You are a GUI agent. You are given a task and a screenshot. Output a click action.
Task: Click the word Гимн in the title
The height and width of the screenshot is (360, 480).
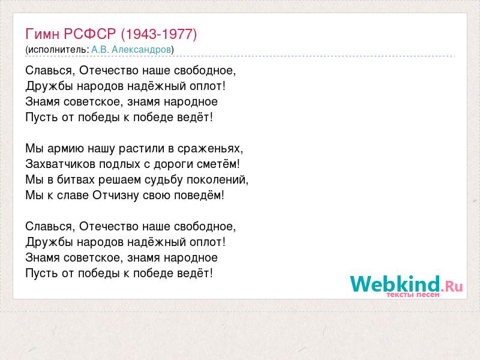42,34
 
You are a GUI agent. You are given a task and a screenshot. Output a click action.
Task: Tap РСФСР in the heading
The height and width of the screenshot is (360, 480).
90,34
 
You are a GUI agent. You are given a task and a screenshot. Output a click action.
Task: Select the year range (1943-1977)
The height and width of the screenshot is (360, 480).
159,34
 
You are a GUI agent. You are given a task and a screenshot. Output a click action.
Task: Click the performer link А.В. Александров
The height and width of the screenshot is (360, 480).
131,49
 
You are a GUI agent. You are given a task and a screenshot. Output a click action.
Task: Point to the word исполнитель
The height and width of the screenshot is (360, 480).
57,50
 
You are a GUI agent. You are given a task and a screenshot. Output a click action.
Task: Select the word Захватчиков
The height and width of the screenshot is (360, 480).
61,164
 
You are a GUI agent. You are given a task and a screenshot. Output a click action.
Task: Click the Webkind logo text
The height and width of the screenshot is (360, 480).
395,283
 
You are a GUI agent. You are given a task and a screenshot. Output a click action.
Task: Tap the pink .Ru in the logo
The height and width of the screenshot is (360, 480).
452,286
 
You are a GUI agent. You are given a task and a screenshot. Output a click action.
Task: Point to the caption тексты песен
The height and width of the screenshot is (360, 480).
413,295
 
